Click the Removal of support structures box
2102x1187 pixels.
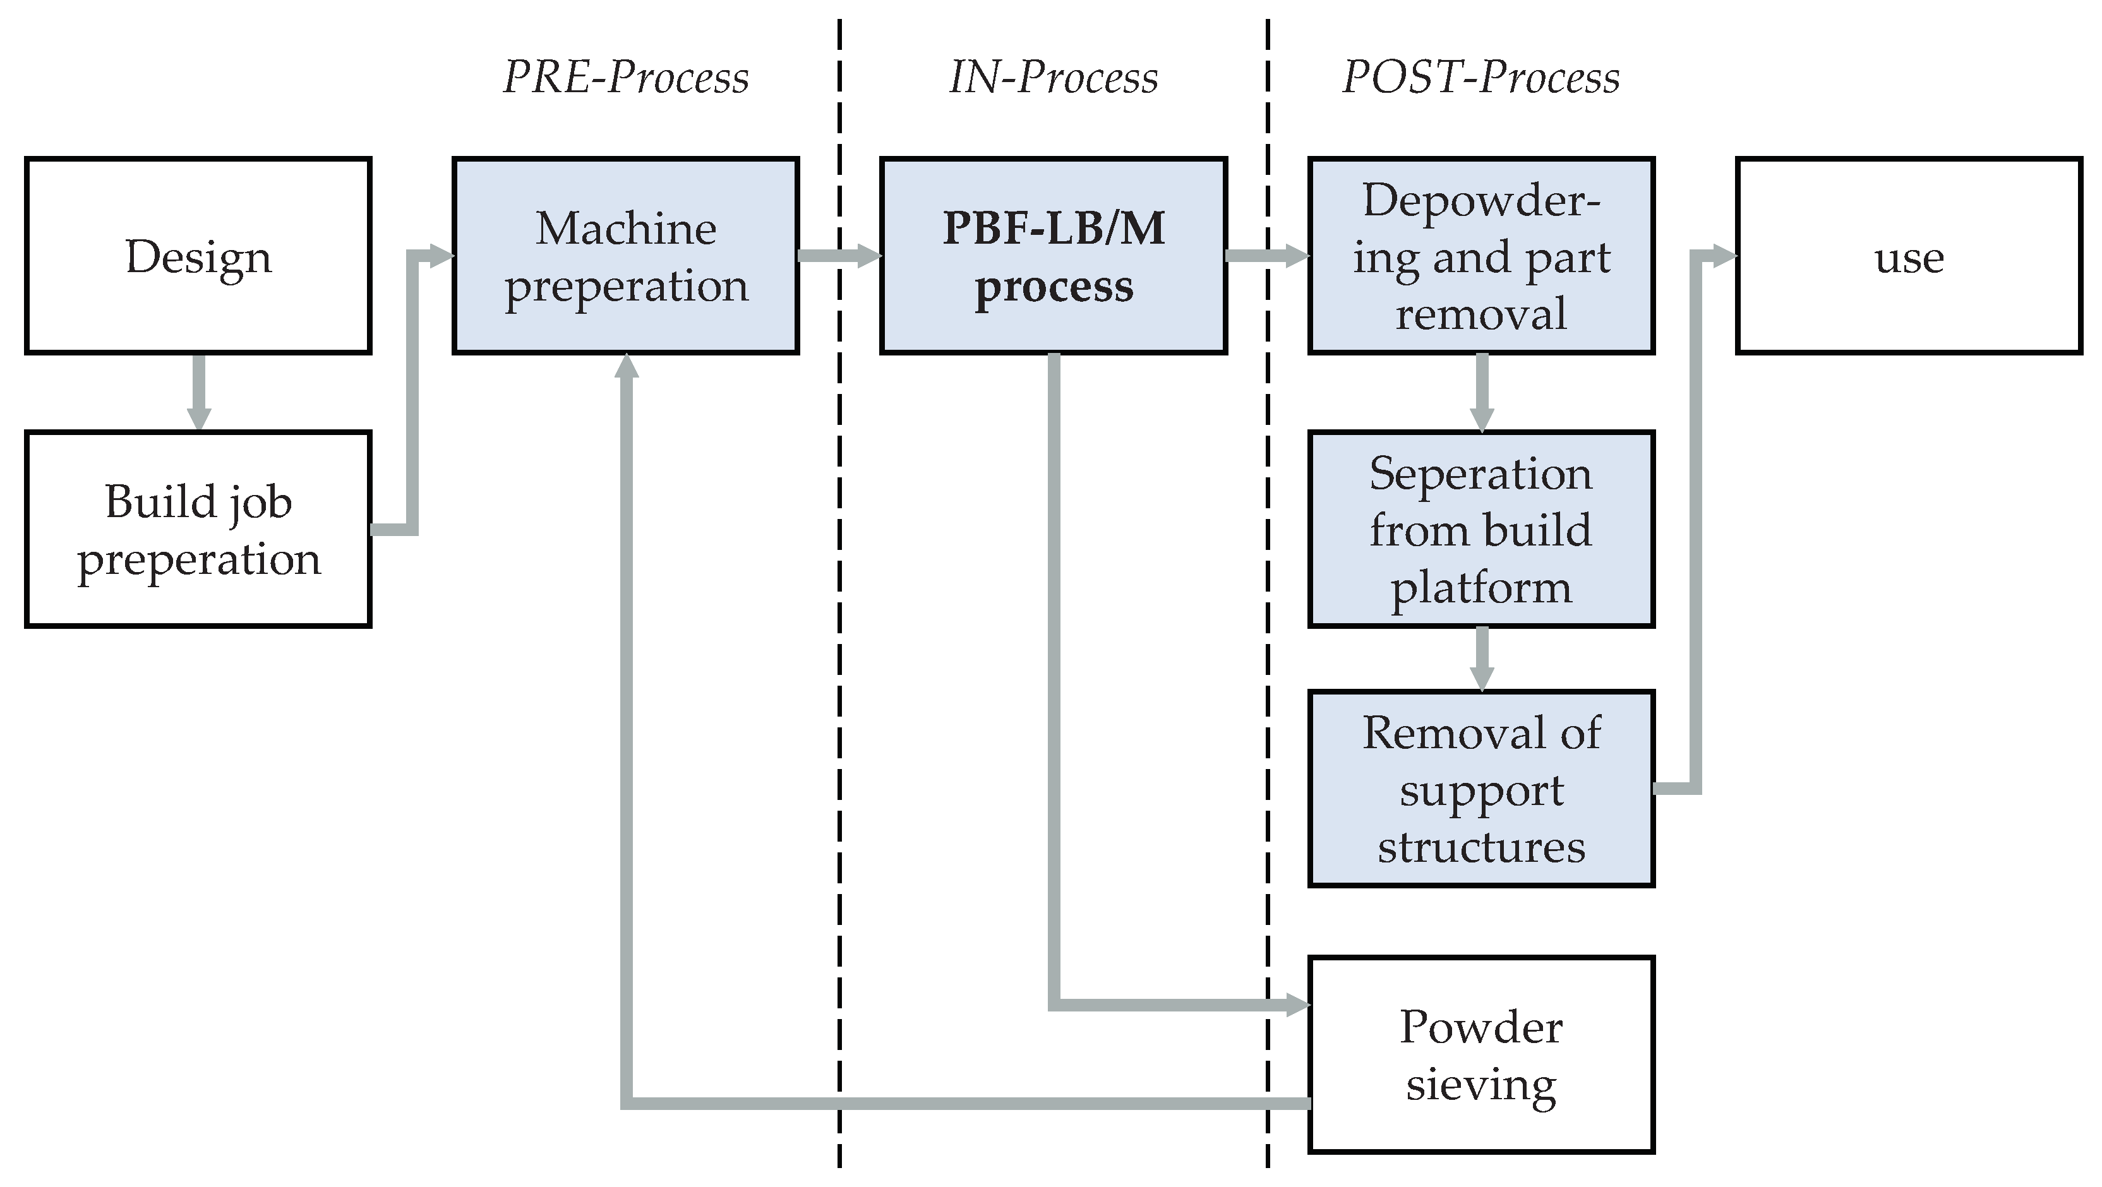pyautogui.click(x=1481, y=788)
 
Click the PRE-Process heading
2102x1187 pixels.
pyautogui.click(x=626, y=78)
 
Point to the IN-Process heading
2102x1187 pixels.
pyautogui.click(x=1054, y=78)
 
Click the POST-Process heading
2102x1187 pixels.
pyautogui.click(x=1481, y=78)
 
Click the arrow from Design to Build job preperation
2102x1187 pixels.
pyautogui.click(x=198, y=391)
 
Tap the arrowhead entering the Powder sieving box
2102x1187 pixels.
pyautogui.click(x=1297, y=1005)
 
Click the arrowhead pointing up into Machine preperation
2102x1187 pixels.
pyautogui.click(x=626, y=367)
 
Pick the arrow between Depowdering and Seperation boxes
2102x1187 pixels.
pyautogui.click(x=1481, y=391)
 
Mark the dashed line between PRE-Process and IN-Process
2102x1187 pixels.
pyautogui.click(x=839, y=653)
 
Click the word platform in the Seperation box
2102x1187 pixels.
pyautogui.click(x=1481, y=588)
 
